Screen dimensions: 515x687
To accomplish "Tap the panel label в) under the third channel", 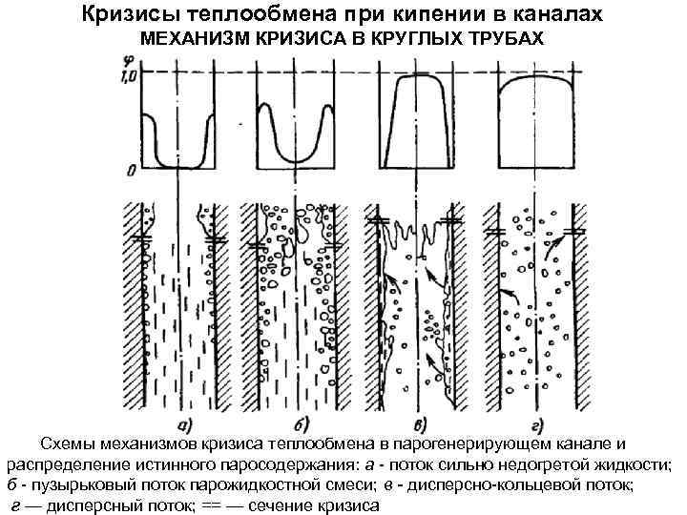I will click(x=417, y=425).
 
